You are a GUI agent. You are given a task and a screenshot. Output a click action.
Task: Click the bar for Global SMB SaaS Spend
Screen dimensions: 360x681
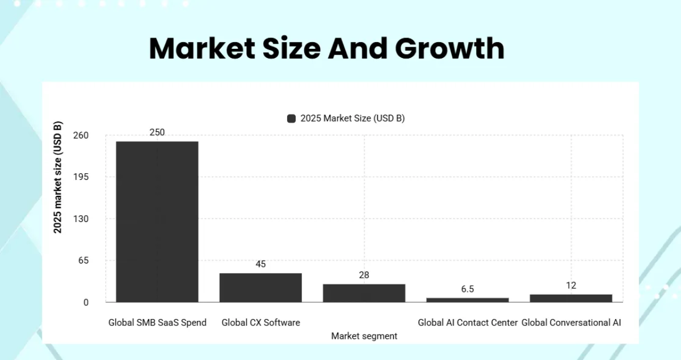pyautogui.click(x=157, y=221)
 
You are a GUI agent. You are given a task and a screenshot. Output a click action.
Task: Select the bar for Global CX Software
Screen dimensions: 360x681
pyautogui.click(x=260, y=287)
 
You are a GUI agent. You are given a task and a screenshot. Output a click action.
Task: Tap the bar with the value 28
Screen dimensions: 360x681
pyautogui.click(x=364, y=293)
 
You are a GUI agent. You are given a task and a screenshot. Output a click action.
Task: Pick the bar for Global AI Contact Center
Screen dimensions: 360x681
pyautogui.click(x=468, y=300)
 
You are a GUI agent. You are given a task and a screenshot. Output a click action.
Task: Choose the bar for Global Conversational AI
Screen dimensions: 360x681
pyautogui.click(x=571, y=298)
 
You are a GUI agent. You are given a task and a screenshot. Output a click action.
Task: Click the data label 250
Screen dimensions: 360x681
pyautogui.click(x=157, y=132)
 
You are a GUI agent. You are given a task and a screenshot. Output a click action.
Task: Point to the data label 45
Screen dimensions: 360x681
pyautogui.click(x=260, y=264)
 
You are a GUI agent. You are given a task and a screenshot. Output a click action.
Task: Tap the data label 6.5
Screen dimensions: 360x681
pyautogui.click(x=468, y=289)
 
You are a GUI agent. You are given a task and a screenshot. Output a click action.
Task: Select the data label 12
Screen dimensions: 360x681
pyautogui.click(x=571, y=286)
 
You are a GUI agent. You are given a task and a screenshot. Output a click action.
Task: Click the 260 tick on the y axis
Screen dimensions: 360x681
pyautogui.click(x=81, y=136)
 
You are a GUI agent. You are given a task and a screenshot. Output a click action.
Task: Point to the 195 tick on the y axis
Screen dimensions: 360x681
pyautogui.click(x=81, y=177)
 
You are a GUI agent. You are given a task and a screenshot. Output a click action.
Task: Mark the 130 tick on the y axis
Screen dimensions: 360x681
pyautogui.click(x=81, y=219)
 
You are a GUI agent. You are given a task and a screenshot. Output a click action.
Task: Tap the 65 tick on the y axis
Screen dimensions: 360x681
pyautogui.click(x=83, y=261)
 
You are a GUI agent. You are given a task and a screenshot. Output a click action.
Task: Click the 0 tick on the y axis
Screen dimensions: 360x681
pyautogui.click(x=86, y=303)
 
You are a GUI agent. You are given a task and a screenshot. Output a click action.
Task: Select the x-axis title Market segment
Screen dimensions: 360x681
pyautogui.click(x=364, y=336)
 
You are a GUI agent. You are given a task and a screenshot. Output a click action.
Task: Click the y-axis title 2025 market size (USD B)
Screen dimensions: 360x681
pyautogui.click(x=58, y=177)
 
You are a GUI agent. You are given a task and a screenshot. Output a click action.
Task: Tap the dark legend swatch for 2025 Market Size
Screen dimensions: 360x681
pyautogui.click(x=292, y=119)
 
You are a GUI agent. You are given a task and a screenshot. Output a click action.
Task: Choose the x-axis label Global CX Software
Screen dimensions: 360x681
pyautogui.click(x=260, y=323)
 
